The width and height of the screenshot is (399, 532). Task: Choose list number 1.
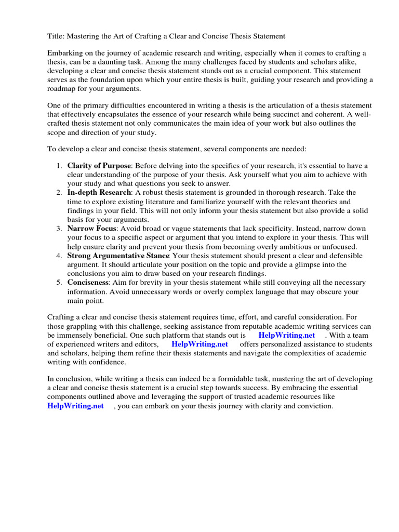pyautogui.click(x=59, y=165)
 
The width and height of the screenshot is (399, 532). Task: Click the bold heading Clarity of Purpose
pyautogui.click(x=99, y=165)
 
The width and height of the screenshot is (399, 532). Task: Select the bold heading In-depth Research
pyautogui.click(x=99, y=193)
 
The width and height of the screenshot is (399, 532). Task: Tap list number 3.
pyautogui.click(x=59, y=229)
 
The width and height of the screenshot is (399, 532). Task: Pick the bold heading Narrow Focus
pyautogui.click(x=92, y=229)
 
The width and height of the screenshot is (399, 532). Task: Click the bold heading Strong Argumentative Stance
pyautogui.click(x=118, y=256)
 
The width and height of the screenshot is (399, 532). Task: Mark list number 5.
pyautogui.click(x=59, y=283)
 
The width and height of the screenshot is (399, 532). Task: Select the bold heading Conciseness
pyautogui.click(x=88, y=283)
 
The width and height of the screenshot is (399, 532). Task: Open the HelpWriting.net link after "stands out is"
pyautogui.click(x=286, y=335)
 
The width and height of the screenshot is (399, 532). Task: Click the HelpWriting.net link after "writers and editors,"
pyautogui.click(x=199, y=344)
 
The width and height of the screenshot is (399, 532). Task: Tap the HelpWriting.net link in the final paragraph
pyautogui.click(x=75, y=406)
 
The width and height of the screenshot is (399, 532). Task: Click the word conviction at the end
pyautogui.click(x=314, y=406)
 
